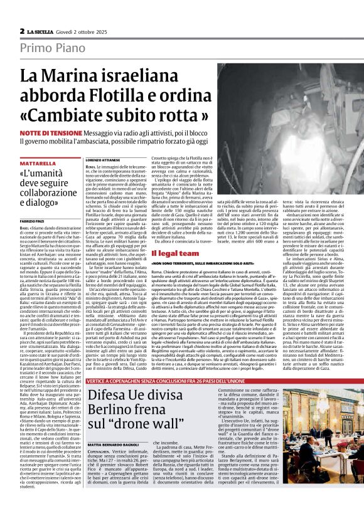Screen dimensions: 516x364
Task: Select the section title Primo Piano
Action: point(47,49)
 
